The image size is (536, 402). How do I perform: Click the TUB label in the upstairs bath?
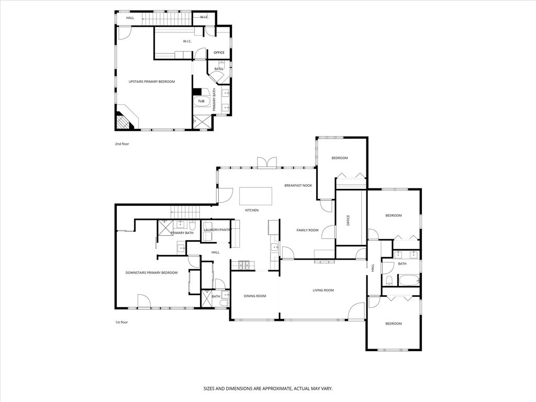point(201,101)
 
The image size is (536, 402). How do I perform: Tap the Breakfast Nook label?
point(298,186)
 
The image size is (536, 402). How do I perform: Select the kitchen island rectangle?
point(255,196)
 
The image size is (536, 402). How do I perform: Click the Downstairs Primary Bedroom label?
point(151,273)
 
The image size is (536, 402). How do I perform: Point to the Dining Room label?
point(255,296)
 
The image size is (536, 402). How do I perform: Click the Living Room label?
point(323,290)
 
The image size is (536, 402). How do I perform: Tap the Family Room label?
point(307,230)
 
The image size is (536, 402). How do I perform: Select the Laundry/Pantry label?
point(217,230)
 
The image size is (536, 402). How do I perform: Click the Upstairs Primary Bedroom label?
point(151,82)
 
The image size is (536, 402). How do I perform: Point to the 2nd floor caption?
point(122,144)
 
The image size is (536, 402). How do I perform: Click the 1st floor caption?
point(121,322)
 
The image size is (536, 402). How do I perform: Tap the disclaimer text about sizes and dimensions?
point(268,389)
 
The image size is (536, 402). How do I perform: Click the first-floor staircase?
point(185,213)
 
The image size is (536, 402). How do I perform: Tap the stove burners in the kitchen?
point(243,264)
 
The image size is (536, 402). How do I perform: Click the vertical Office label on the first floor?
point(348,220)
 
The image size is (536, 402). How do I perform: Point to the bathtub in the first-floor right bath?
point(408,281)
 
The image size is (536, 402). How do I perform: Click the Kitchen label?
point(252,210)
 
